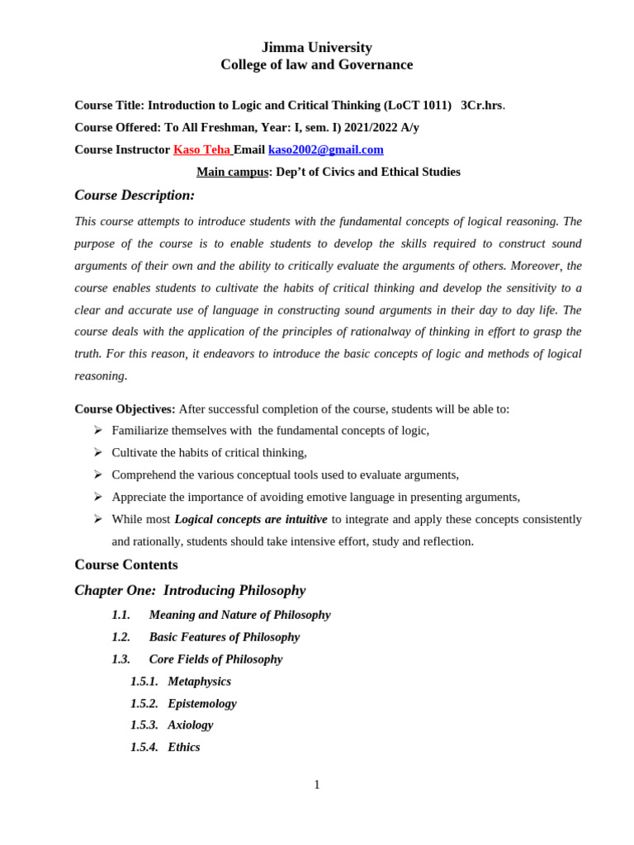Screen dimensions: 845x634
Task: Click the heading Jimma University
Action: (316, 47)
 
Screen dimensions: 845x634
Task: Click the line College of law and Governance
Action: (316, 64)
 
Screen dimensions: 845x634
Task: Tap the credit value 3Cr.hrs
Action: (481, 106)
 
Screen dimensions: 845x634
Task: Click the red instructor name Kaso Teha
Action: (201, 149)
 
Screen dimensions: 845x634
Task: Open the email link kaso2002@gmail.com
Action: (325, 149)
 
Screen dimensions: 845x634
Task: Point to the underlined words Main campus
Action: (232, 172)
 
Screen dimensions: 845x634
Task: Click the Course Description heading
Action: (135, 196)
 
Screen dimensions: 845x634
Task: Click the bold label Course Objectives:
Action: (125, 408)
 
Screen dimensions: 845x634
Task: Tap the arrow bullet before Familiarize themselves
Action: (97, 430)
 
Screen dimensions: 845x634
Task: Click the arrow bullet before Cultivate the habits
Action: (97, 452)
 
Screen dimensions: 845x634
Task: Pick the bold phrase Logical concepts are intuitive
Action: (250, 519)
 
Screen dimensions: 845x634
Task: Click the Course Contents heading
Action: (126, 565)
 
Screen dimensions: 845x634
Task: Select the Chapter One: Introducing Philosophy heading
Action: (190, 591)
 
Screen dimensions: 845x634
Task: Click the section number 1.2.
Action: (121, 637)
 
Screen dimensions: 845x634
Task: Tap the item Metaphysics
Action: (199, 682)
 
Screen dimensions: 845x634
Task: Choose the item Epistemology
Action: (201, 703)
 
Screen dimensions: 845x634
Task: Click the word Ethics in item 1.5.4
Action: (183, 747)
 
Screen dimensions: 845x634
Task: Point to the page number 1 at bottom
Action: (316, 785)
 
